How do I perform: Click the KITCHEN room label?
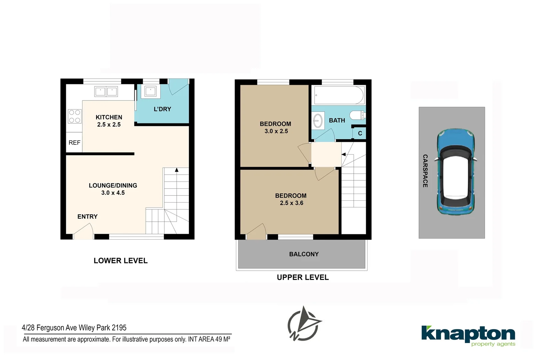coord(109,117)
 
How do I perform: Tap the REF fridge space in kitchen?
coord(74,143)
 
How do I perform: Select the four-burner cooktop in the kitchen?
coord(75,116)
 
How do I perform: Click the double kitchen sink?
coord(106,91)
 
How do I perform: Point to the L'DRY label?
coord(162,109)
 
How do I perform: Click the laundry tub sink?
coord(150,91)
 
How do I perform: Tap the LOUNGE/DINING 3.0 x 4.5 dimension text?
coord(113,193)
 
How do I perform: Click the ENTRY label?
coord(87,217)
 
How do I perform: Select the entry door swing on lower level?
coord(83,231)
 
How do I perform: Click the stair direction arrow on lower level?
coord(177,170)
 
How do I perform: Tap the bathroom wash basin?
coord(318,120)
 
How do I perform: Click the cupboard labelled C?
coord(360,133)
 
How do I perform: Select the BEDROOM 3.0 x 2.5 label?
coord(275,127)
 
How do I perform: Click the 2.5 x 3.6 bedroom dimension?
coord(291,203)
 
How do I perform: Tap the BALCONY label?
coord(304,254)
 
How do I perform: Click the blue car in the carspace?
coord(456,172)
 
